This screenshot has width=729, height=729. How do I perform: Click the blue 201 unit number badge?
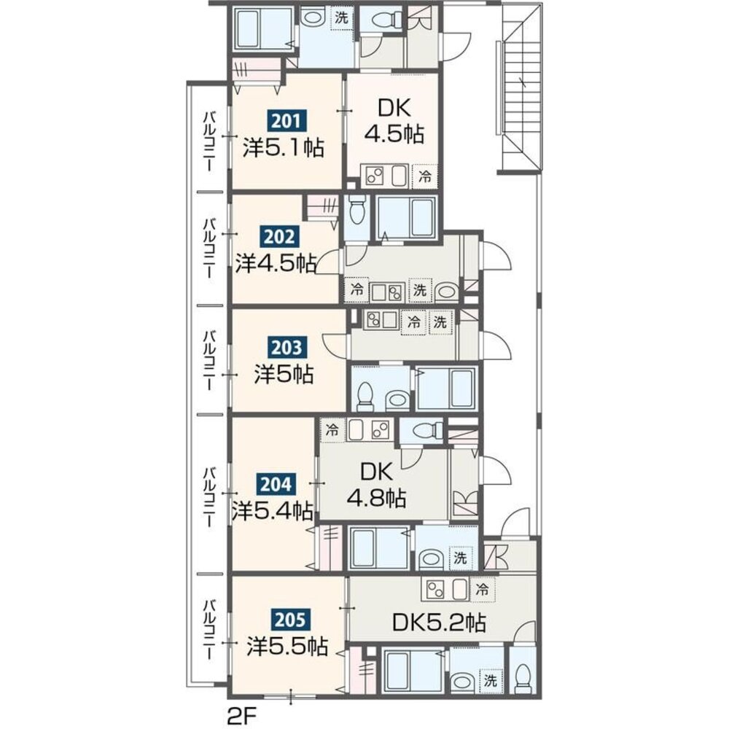(x=286, y=122)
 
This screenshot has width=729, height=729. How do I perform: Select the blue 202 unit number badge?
(x=278, y=237)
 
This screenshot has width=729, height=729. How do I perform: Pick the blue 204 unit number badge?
(x=276, y=485)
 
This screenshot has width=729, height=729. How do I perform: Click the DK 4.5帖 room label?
(x=394, y=122)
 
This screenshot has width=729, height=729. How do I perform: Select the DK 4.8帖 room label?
(x=377, y=486)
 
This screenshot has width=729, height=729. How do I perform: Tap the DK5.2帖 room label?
(x=439, y=622)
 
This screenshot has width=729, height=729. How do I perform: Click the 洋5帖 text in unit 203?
(x=284, y=373)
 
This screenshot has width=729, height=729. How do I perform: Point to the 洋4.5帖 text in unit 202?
(x=276, y=264)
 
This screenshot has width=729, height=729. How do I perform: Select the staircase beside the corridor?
(x=521, y=88)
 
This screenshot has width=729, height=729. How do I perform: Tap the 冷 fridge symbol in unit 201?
(x=425, y=176)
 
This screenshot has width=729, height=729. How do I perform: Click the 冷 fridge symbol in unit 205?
(x=483, y=590)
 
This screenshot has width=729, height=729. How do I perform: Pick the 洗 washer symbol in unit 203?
(x=440, y=321)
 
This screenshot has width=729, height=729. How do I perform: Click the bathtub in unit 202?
(x=405, y=217)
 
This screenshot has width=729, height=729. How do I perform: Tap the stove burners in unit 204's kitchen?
(x=381, y=430)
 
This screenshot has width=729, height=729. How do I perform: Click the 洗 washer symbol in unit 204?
(x=460, y=558)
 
